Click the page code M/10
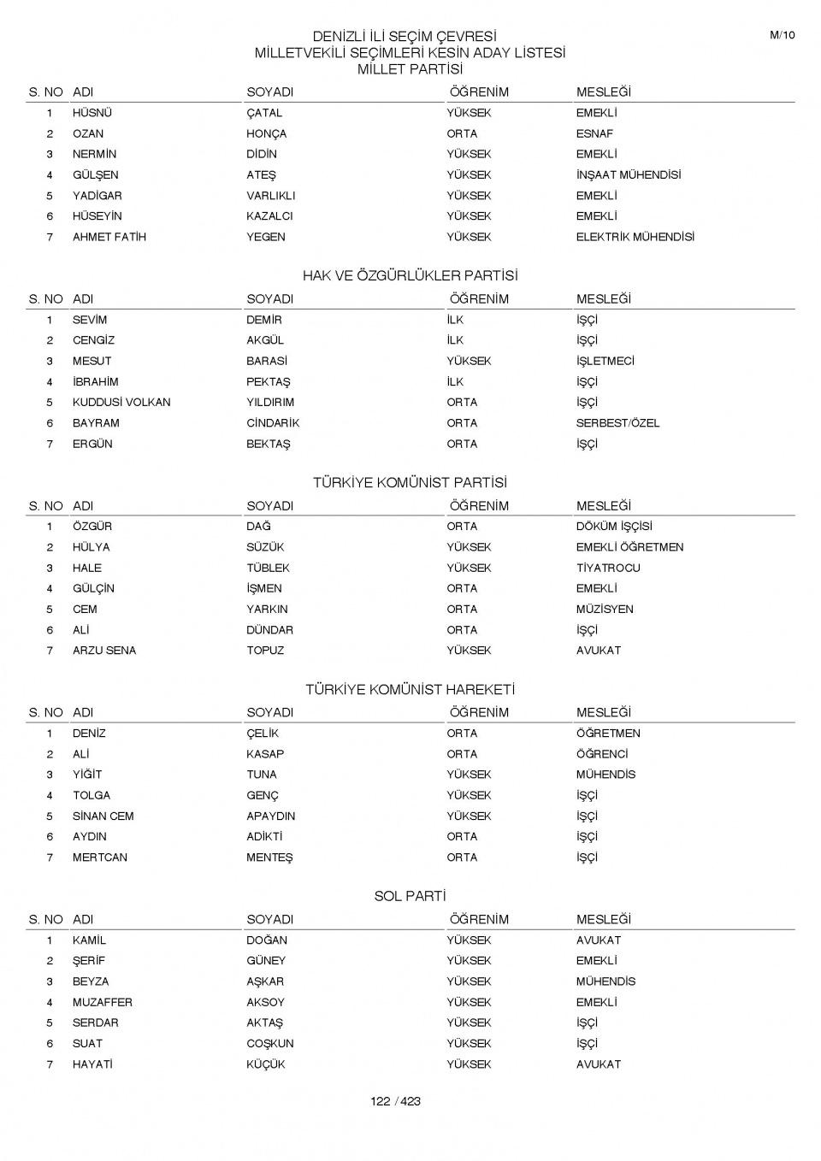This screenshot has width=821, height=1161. pyautogui.click(x=782, y=35)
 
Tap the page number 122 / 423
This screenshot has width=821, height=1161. pyautogui.click(x=395, y=1101)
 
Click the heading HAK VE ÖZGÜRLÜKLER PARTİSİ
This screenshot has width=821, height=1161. pyautogui.click(x=410, y=275)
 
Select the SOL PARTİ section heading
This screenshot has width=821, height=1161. pyautogui.click(x=410, y=896)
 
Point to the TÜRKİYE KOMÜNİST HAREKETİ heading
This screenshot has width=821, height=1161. pyautogui.click(x=410, y=689)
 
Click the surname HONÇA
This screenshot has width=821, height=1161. pyautogui.click(x=266, y=133)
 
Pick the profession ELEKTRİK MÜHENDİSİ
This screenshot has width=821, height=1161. pyautogui.click(x=635, y=237)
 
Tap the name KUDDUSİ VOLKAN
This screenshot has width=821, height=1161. pyautogui.click(x=121, y=402)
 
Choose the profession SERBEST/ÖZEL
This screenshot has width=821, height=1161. pyautogui.click(x=617, y=423)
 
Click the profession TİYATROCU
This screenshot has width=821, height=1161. pyautogui.click(x=608, y=568)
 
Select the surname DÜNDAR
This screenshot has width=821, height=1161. pyautogui.click(x=269, y=630)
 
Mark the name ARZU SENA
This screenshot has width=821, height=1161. pyautogui.click(x=104, y=651)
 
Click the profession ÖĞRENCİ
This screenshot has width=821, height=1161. pyautogui.click(x=602, y=754)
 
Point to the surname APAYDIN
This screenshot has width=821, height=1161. pyautogui.click(x=270, y=816)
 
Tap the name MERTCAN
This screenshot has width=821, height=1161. pyautogui.click(x=100, y=857)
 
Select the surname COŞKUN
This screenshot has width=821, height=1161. pyautogui.click(x=269, y=1044)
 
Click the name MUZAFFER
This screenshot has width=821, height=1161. pyautogui.click(x=103, y=1002)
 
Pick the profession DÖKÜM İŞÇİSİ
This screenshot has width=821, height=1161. pyautogui.click(x=614, y=527)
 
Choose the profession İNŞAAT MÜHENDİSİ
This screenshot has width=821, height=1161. pyautogui.click(x=629, y=174)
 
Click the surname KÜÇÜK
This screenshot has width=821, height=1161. pyautogui.click(x=266, y=1064)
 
